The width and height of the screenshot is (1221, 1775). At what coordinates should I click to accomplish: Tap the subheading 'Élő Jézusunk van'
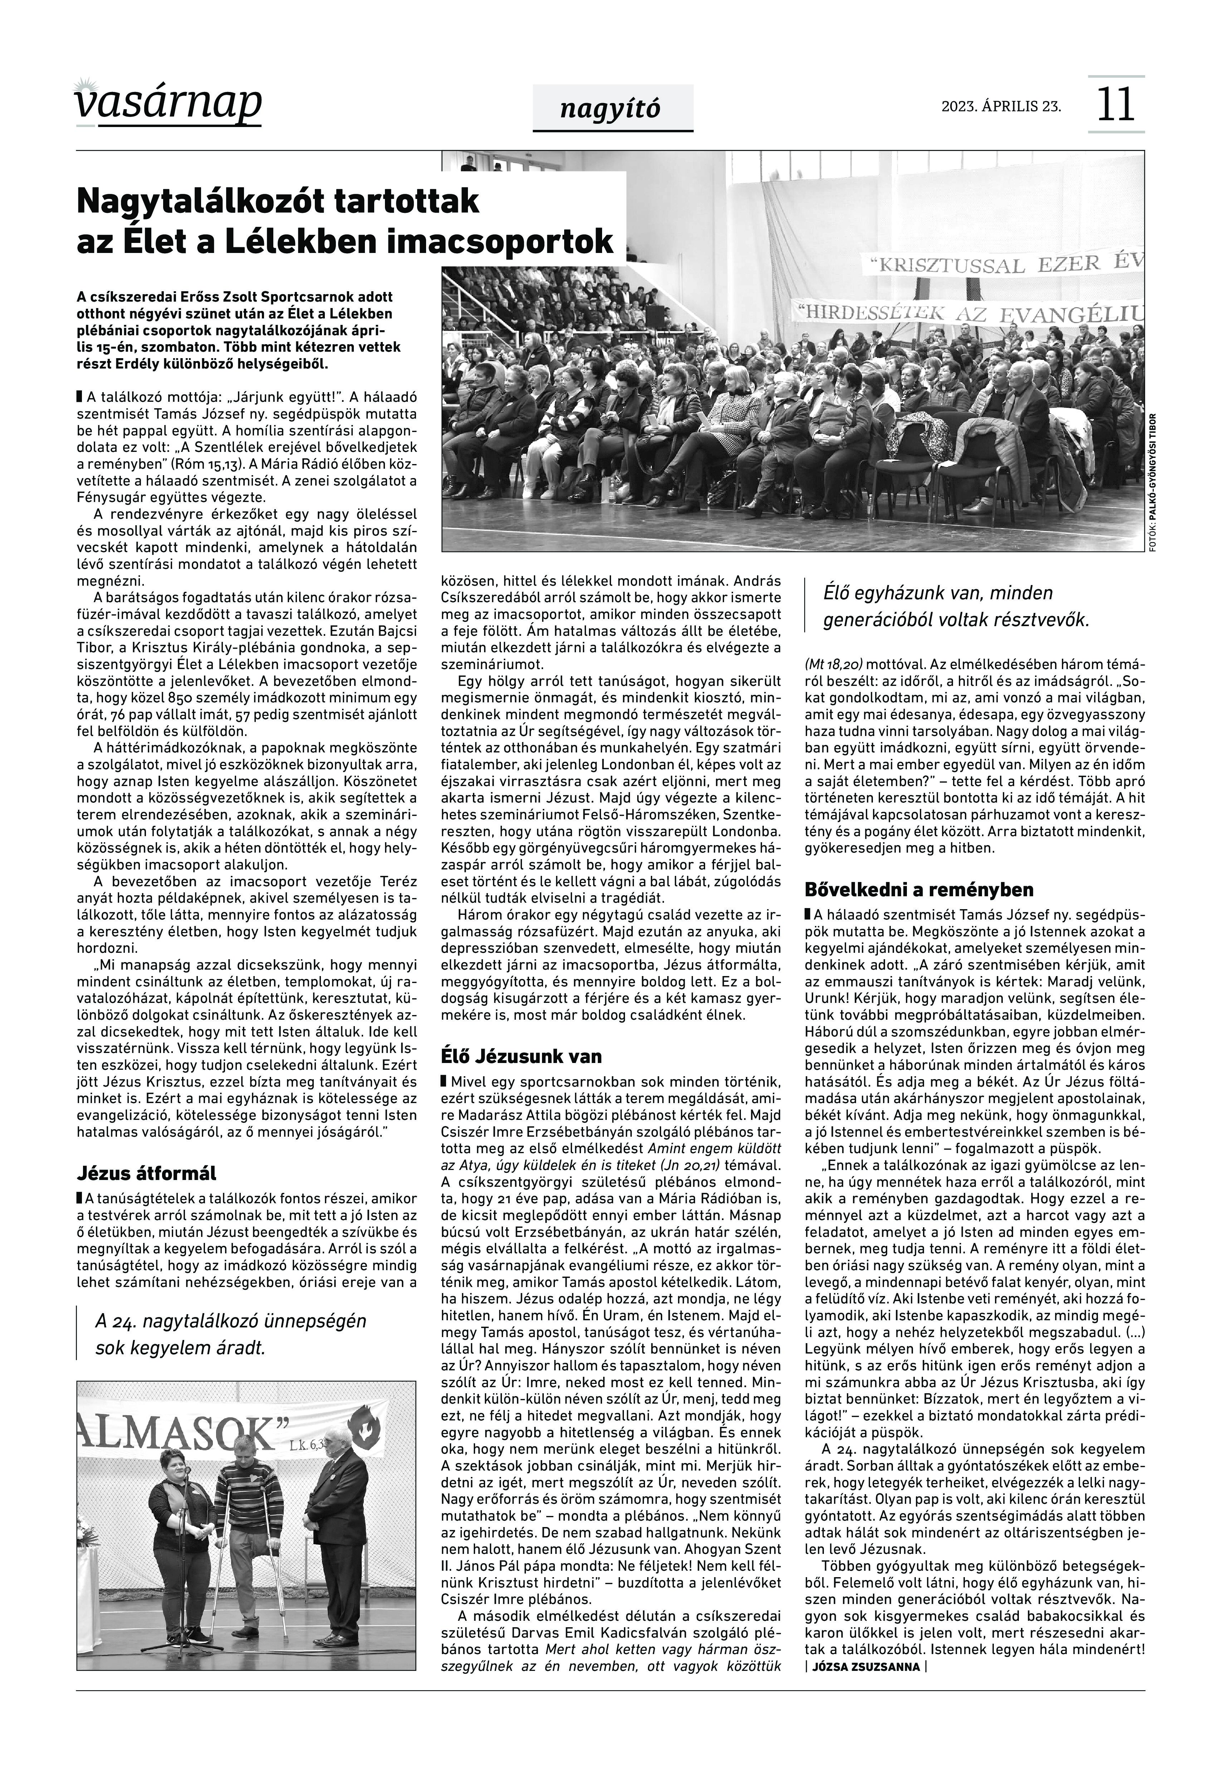521,1057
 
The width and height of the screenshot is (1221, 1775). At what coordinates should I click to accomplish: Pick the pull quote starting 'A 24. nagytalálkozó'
230,1333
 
